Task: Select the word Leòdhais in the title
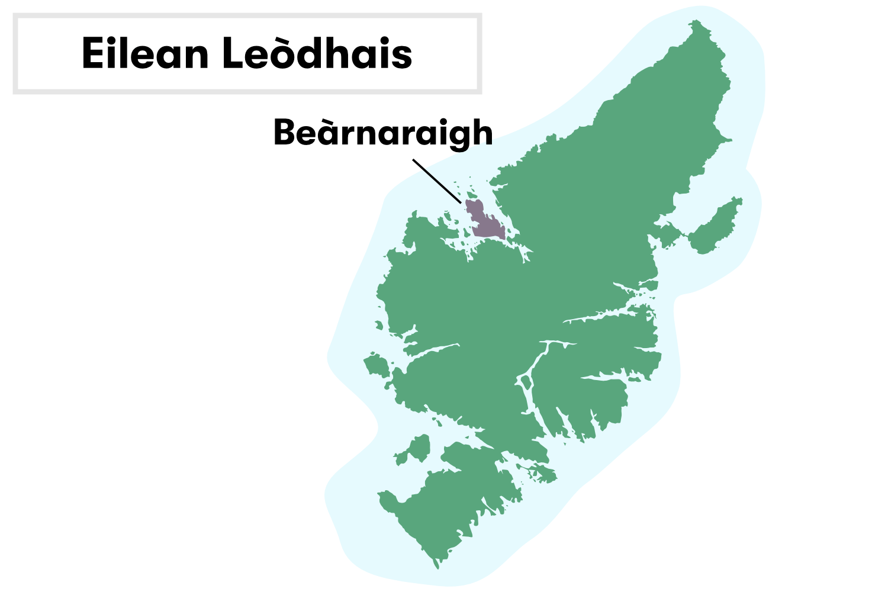tap(317, 53)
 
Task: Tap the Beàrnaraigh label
tap(382, 133)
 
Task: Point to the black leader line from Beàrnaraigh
tap(437, 181)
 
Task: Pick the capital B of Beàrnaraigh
tap(285, 133)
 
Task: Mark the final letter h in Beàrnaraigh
tap(482, 133)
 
